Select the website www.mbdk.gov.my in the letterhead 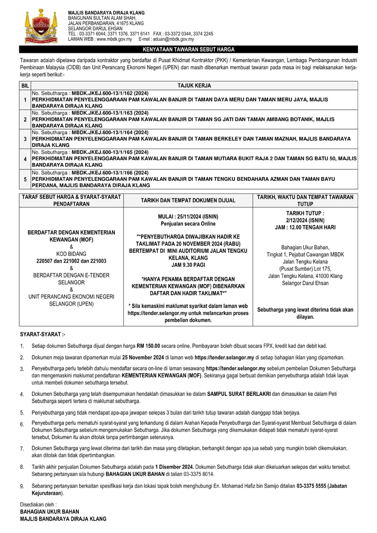tap(114, 39)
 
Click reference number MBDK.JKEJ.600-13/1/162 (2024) tap(103, 93)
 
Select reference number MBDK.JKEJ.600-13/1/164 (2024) tap(103, 132)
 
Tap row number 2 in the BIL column tap(25, 119)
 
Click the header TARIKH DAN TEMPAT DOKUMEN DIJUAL tap(188, 200)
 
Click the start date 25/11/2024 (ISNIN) tap(188, 216)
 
